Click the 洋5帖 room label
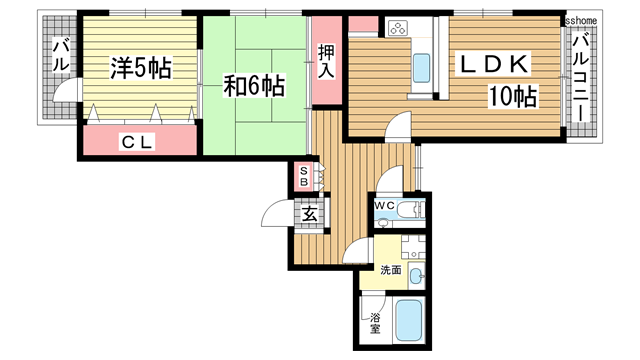(140, 69)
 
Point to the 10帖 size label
(513, 97)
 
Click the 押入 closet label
(326, 62)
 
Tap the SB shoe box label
(304, 177)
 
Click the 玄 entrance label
(309, 213)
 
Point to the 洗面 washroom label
(390, 270)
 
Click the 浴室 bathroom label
(375, 323)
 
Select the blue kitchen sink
(420, 68)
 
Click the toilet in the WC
(409, 211)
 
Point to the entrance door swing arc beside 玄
(275, 213)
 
